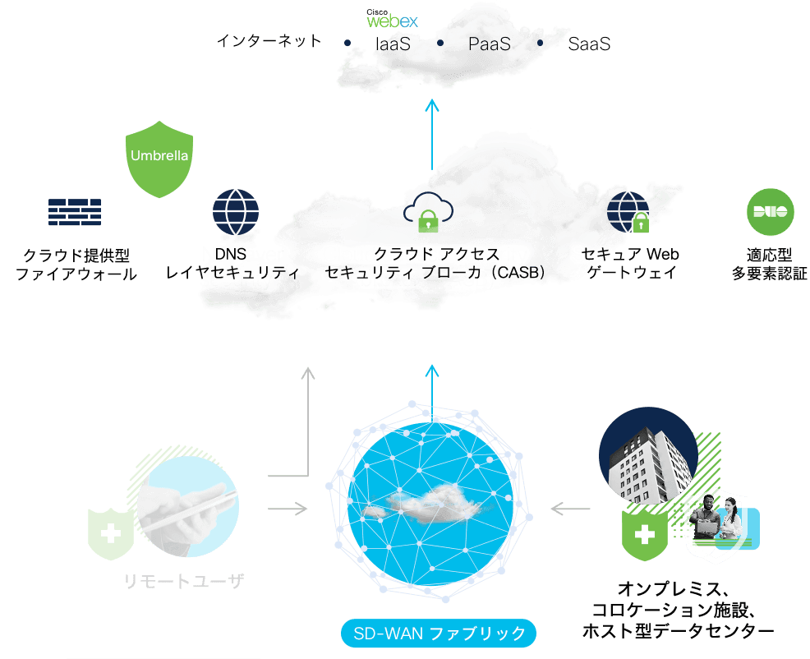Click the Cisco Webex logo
[392, 19]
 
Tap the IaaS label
[393, 44]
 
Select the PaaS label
[489, 44]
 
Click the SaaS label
[589, 44]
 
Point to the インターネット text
[269, 41]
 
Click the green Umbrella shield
[159, 159]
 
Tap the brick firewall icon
[75, 212]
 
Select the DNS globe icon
[236, 212]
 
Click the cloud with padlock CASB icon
[428, 212]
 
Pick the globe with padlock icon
[628, 212]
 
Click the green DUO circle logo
[771, 212]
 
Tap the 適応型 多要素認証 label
[770, 264]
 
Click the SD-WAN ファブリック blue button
[439, 634]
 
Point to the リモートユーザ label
[183, 582]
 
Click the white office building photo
[648, 456]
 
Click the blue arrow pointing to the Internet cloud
[432, 135]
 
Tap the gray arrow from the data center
[570, 509]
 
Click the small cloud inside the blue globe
[424, 501]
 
